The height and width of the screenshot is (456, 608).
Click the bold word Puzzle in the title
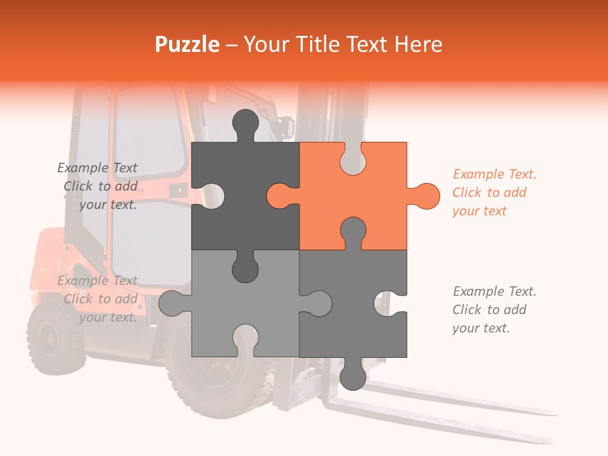[187, 44]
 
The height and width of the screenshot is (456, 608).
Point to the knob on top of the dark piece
[246, 122]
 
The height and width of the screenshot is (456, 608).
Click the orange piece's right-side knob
[426, 196]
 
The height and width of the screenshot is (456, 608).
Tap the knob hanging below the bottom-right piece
[353, 377]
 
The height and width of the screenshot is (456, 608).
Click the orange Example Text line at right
[494, 174]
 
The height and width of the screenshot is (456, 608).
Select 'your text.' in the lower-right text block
[481, 328]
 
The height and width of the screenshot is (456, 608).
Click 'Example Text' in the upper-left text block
[97, 168]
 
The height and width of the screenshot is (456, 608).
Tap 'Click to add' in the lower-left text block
[100, 299]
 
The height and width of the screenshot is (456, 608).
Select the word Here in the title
[418, 44]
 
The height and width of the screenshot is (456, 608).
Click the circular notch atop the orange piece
[353, 158]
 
